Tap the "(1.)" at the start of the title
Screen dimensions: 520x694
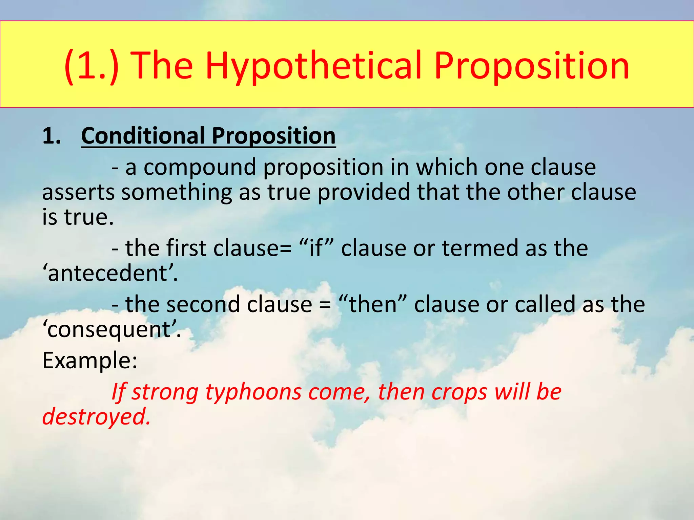(x=91, y=66)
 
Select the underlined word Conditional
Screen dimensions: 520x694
(x=143, y=136)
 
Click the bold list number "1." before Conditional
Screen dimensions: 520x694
(x=52, y=136)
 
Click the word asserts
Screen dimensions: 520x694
(x=78, y=192)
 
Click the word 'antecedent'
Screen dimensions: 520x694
(x=110, y=273)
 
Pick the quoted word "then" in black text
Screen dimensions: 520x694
(x=372, y=304)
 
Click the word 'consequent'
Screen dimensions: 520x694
(x=111, y=329)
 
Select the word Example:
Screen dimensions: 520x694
(x=90, y=361)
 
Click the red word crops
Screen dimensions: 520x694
(x=459, y=392)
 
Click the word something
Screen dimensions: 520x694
(x=177, y=192)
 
